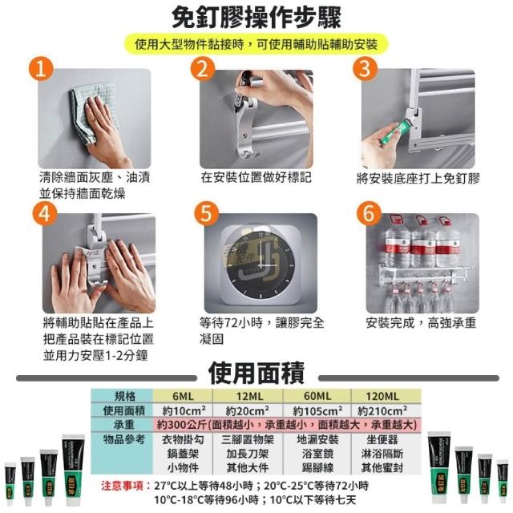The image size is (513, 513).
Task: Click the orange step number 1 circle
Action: (x=41, y=69)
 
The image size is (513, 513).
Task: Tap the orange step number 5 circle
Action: (x=207, y=214)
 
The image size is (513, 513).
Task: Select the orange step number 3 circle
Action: (x=366, y=69)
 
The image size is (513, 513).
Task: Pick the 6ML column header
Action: (x=183, y=396)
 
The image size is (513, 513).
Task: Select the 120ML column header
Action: (x=383, y=396)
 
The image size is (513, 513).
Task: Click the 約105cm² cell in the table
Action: (x=317, y=410)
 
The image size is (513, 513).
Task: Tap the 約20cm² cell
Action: (x=248, y=410)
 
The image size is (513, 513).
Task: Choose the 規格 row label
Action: (x=125, y=396)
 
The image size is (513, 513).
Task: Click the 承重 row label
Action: (x=124, y=425)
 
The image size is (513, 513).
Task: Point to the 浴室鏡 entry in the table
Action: (x=317, y=454)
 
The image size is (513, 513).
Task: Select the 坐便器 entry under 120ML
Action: (x=382, y=439)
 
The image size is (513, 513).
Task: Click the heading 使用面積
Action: (x=256, y=374)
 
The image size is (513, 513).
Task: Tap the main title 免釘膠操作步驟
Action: (x=256, y=18)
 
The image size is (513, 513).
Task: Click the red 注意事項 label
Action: (x=123, y=486)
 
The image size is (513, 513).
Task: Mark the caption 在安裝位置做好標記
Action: (x=256, y=178)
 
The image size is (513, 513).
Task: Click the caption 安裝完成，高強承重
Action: (x=421, y=323)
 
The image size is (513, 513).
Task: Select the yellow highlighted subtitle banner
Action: (x=256, y=44)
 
